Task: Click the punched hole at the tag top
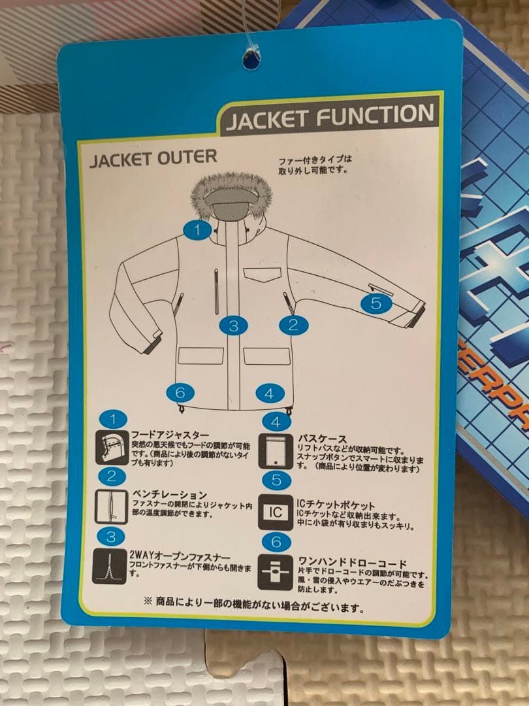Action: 251,59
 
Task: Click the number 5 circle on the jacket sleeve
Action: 376,303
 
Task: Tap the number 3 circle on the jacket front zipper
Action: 234,325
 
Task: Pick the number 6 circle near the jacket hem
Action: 181,392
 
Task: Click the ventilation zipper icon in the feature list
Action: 111,507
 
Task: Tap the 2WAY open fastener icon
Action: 111,565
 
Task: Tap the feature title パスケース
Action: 322,439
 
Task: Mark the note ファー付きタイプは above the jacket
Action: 315,159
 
